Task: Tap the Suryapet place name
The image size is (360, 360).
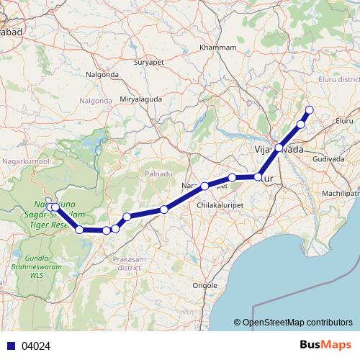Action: (x=149, y=63)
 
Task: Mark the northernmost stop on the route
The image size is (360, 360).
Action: (x=310, y=110)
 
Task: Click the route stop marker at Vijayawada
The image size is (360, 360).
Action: (x=279, y=148)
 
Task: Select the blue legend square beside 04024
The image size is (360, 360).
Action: (x=12, y=346)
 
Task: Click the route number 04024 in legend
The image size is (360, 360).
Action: (x=35, y=346)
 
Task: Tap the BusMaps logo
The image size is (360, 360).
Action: (x=325, y=345)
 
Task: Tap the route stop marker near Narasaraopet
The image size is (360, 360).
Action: (x=205, y=186)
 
